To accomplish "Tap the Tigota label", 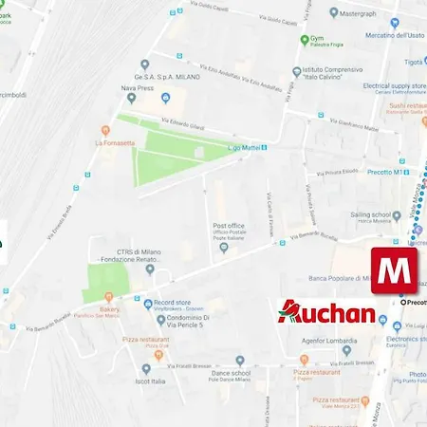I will tap(412, 62).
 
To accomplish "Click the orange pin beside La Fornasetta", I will tap(105, 130).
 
